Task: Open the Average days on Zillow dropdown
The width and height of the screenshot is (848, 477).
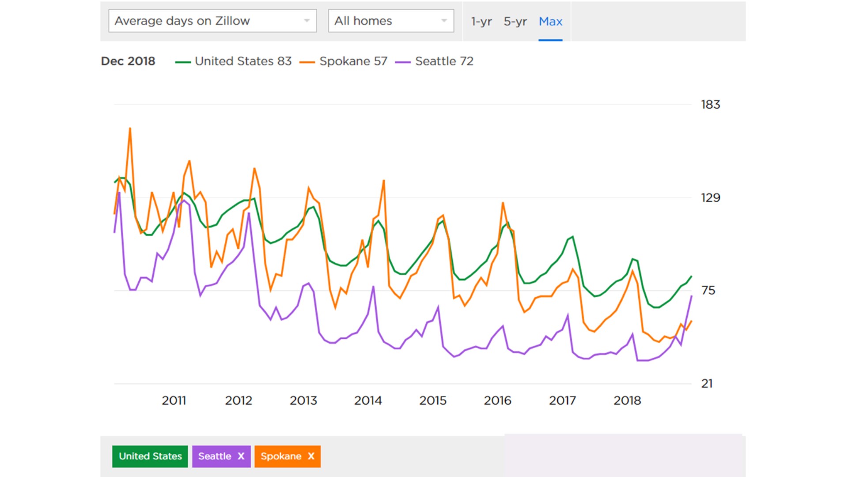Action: (x=212, y=21)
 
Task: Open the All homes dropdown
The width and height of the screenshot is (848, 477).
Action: (x=391, y=21)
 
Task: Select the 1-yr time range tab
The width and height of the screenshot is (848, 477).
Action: (x=481, y=21)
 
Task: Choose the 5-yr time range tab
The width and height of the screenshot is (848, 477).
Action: (x=515, y=21)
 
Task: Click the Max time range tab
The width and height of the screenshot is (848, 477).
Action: (x=550, y=21)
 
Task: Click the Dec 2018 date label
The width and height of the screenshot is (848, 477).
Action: (x=128, y=61)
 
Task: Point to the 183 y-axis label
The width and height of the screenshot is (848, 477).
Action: (x=710, y=105)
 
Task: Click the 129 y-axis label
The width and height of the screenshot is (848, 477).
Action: (x=710, y=197)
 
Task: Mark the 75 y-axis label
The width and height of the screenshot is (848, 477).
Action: (x=708, y=290)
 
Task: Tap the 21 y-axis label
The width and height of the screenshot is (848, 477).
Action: (x=707, y=383)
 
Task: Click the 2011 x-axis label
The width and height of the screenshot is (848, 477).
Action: (x=174, y=401)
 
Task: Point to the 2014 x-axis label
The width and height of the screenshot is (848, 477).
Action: (x=367, y=401)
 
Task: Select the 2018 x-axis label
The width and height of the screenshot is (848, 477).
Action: (x=627, y=401)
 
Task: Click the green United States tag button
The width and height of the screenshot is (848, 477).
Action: (x=150, y=456)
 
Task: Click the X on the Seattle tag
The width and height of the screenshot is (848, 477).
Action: (x=241, y=456)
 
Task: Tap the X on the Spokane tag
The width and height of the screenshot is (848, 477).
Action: (x=311, y=456)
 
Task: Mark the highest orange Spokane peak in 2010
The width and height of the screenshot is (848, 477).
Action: (x=130, y=129)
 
